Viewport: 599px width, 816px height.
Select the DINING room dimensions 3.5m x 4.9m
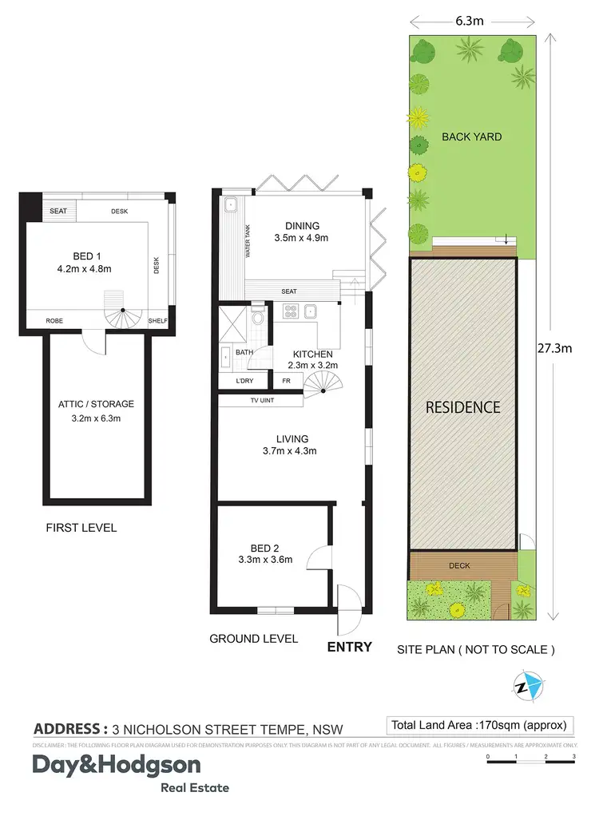[302, 238]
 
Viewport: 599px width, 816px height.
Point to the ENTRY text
[350, 647]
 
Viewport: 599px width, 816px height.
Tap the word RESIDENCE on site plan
[462, 407]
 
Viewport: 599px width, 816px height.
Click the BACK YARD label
[472, 137]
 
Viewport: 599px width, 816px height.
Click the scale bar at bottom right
[530, 760]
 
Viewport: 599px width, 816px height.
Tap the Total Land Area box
[479, 725]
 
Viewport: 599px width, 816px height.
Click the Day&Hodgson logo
[116, 766]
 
